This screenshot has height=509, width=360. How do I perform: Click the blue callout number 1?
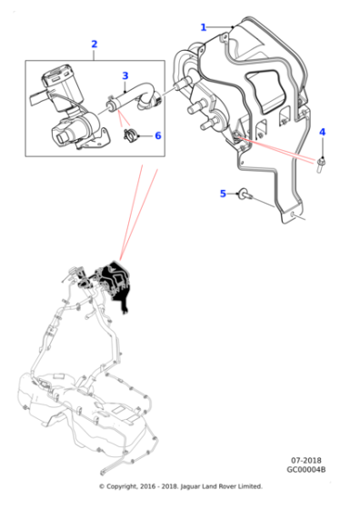click(x=204, y=27)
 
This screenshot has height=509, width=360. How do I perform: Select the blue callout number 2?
click(x=95, y=44)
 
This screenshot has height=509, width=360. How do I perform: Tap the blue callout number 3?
click(x=125, y=75)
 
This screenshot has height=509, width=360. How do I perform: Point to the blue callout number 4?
click(x=322, y=132)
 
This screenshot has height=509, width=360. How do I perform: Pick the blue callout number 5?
click(x=223, y=194)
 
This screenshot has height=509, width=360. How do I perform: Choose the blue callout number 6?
click(x=158, y=135)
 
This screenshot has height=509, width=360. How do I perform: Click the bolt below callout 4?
click(x=320, y=165)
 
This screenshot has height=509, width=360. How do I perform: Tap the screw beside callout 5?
click(x=246, y=194)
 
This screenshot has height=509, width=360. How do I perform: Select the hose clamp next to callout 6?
click(x=131, y=135)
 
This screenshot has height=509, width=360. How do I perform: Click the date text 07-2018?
click(x=306, y=460)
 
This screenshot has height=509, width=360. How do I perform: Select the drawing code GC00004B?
click(x=306, y=469)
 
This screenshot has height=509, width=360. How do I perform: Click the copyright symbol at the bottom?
click(x=102, y=486)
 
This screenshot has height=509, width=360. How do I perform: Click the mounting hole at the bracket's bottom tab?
click(x=293, y=214)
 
